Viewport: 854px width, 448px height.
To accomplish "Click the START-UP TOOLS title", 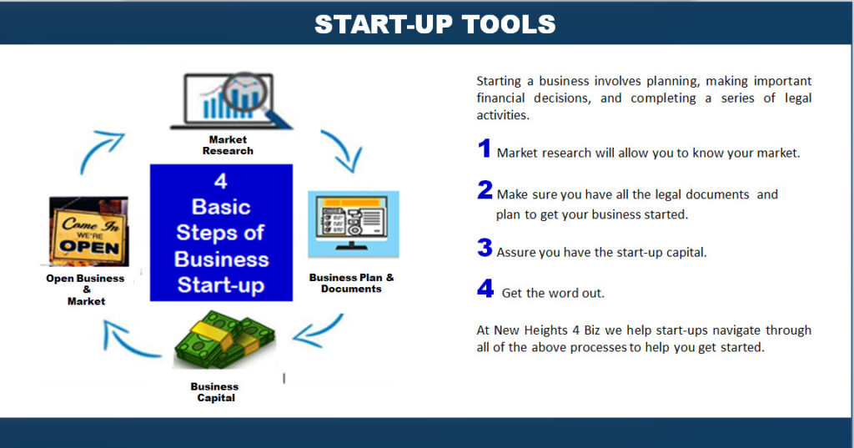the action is pyautogui.click(x=435, y=24).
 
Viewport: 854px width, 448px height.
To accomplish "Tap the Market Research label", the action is pyautogui.click(x=228, y=145).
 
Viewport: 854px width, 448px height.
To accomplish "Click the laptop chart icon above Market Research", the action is pyautogui.click(x=231, y=101).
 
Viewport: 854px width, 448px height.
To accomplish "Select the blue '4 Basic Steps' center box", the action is pyautogui.click(x=221, y=233).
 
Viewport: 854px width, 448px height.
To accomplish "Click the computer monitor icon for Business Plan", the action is pyautogui.click(x=354, y=224).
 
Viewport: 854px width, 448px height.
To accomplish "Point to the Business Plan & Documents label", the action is pyautogui.click(x=351, y=283).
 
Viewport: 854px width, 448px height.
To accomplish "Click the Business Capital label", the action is pyautogui.click(x=214, y=392).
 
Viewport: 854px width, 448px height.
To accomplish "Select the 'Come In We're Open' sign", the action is pyautogui.click(x=88, y=232).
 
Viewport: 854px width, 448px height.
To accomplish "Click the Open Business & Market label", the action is pyautogui.click(x=86, y=289).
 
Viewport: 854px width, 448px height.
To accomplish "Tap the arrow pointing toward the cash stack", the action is pyautogui.click(x=318, y=332).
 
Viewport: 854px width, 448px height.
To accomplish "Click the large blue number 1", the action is pyautogui.click(x=485, y=148).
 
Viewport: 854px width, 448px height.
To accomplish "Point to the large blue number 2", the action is pyautogui.click(x=485, y=190).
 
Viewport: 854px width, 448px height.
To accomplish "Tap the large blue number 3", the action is pyautogui.click(x=485, y=248).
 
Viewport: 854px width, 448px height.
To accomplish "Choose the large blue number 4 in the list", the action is pyautogui.click(x=485, y=289).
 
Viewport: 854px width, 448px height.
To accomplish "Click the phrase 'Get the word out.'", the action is pyautogui.click(x=553, y=293).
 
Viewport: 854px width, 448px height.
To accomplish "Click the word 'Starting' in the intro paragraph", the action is pyautogui.click(x=499, y=82).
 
